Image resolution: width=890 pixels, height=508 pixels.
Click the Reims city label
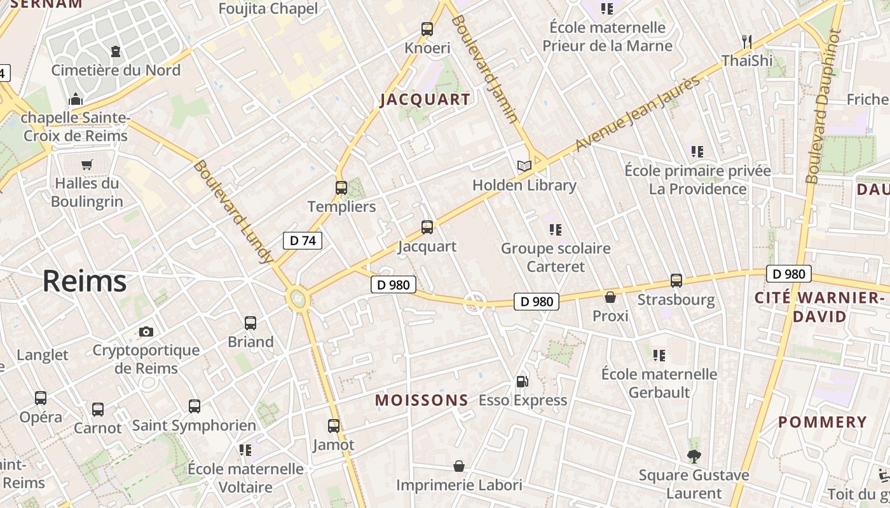coord(85,281)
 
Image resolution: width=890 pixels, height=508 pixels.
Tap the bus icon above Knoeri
coord(427,29)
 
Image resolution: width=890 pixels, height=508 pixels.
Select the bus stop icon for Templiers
coord(341,188)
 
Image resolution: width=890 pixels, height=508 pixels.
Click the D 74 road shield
coord(302,241)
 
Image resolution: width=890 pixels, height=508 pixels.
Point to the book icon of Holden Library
coord(524,166)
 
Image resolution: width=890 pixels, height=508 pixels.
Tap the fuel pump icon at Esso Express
coord(522,382)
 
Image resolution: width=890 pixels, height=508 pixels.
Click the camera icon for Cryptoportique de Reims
coord(146,331)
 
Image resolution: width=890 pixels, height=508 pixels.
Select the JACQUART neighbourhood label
coord(425,100)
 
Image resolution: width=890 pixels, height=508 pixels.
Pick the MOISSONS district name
coord(421,400)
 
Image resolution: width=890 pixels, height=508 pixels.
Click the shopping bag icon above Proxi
coord(610,297)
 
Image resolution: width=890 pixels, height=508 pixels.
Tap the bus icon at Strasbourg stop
coord(676,281)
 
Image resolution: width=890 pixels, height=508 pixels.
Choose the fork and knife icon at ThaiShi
coord(747,42)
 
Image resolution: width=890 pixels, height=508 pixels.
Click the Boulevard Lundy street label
coord(233,212)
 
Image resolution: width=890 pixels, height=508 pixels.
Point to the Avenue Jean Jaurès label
coord(637,114)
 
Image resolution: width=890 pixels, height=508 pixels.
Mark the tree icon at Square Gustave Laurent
coord(694,456)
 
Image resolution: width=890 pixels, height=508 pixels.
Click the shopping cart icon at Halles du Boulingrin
coord(87,164)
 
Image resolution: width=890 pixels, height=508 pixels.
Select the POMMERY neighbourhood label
coord(823,422)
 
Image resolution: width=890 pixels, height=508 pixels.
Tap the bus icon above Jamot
coord(334,426)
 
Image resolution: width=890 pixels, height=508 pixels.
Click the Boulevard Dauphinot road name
coord(826,106)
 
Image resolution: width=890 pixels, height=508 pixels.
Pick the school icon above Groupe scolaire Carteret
coord(556,229)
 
